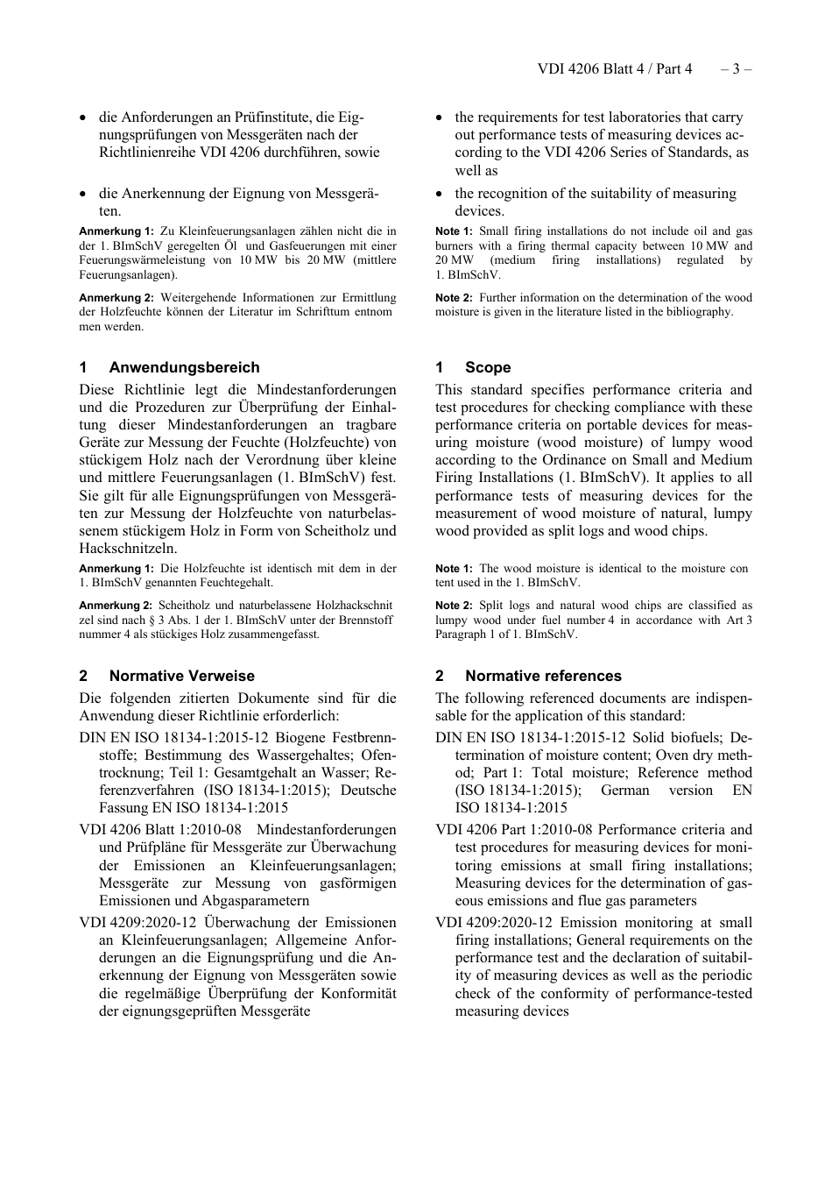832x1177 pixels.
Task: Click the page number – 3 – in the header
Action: click(737, 68)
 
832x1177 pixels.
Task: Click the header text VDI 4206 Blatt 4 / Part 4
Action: click(614, 68)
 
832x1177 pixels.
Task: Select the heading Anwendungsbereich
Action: click(184, 367)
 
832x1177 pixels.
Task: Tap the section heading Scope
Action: click(488, 367)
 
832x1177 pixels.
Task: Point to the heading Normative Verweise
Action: click(181, 676)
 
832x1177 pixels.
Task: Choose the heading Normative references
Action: click(543, 676)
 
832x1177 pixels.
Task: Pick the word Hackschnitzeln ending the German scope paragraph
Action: click(127, 549)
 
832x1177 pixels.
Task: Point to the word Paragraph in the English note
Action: click(461, 634)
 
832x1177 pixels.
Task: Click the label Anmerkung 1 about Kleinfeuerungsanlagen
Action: click(116, 231)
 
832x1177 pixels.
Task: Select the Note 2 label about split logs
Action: click(454, 606)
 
